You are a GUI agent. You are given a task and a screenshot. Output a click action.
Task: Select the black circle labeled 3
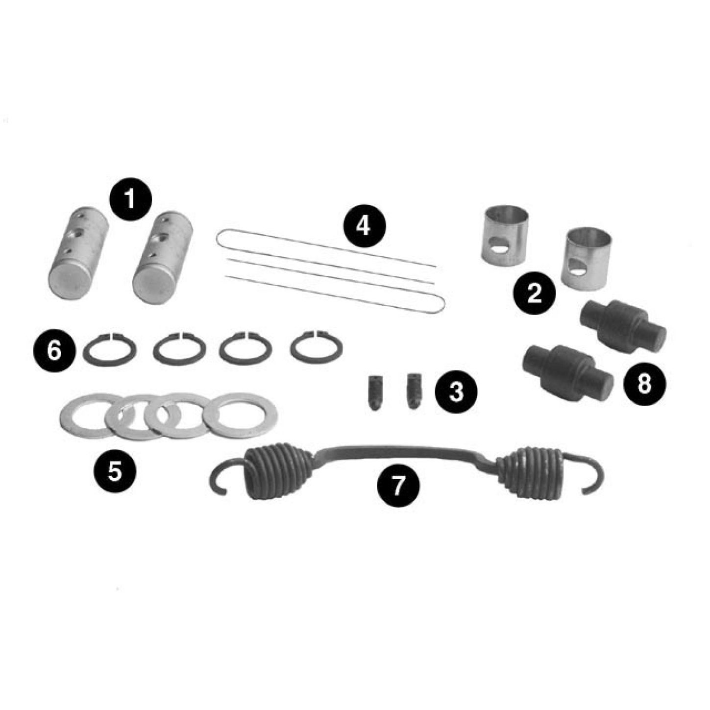point(456,392)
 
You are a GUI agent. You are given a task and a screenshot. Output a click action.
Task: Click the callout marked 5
point(115,471)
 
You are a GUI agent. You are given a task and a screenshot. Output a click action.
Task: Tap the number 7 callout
point(398,486)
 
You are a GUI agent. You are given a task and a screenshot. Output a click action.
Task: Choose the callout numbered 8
point(644,384)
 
